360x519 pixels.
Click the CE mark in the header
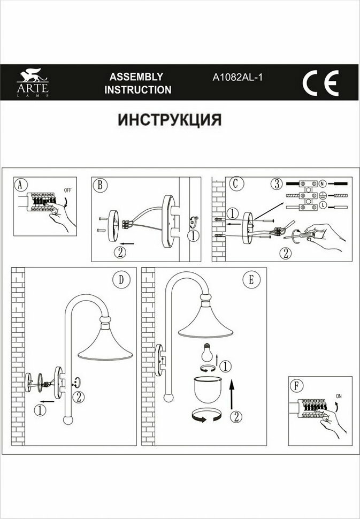(x=320, y=83)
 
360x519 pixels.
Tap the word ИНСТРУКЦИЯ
(x=170, y=119)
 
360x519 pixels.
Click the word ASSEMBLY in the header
(x=136, y=77)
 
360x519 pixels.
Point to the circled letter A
(x=21, y=185)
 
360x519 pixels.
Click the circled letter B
(x=100, y=185)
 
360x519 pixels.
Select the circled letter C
(x=234, y=183)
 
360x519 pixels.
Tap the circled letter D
(x=121, y=279)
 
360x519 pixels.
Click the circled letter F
(x=296, y=385)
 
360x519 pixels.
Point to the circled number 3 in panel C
(x=275, y=184)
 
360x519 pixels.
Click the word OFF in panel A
(x=67, y=190)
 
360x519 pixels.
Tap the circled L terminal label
(x=323, y=206)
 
